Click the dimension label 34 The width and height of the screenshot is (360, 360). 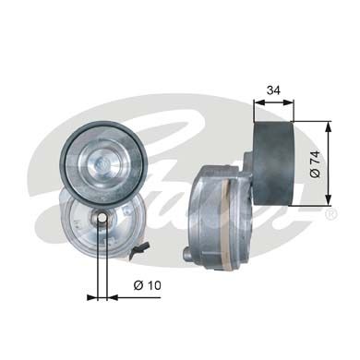coord(273,90)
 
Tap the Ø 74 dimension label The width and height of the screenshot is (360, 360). coord(315,164)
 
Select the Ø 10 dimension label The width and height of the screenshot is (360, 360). coord(147,285)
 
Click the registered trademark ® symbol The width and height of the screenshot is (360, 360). coord(330,214)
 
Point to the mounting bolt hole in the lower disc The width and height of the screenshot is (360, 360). coord(102,218)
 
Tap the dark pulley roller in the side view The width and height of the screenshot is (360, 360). coord(273,163)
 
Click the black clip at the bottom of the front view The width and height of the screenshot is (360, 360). coord(139,249)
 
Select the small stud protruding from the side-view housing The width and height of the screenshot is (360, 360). coord(187,256)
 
